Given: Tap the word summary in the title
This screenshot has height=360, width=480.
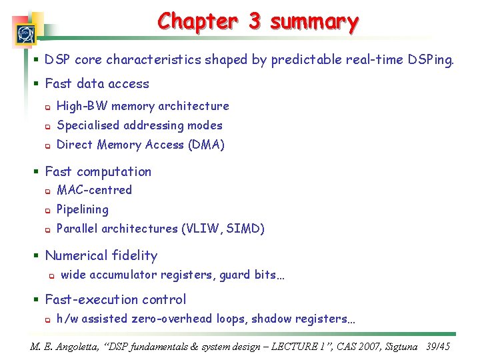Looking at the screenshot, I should [314, 21].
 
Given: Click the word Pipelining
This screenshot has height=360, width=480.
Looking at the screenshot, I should [83, 209].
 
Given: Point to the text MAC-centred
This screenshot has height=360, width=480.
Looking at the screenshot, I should [95, 190].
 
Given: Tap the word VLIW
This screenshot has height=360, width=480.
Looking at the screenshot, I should [202, 229].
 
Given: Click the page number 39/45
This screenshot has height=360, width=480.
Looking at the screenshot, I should [438, 347].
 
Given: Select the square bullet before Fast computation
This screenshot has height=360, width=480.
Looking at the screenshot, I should [37, 172].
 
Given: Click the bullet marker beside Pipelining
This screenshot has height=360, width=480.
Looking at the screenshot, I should [47, 210].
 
